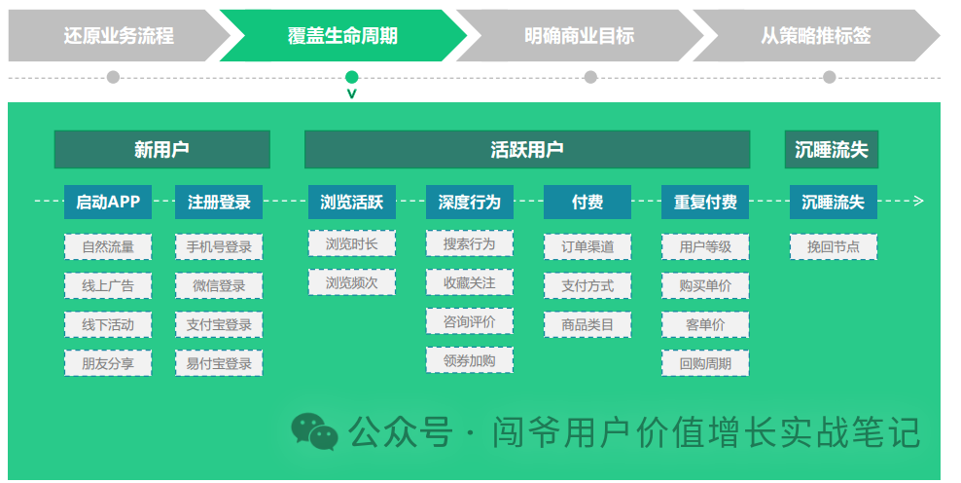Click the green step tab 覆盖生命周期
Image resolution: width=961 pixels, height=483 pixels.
(342, 36)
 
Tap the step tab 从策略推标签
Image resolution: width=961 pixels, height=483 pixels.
(815, 36)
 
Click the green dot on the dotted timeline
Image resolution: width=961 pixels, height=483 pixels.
(351, 77)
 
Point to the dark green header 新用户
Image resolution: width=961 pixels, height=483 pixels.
(161, 150)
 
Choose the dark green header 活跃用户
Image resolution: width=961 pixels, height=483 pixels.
(527, 150)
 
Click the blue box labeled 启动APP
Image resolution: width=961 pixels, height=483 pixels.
(108, 203)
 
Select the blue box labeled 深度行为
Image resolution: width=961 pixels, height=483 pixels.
(469, 203)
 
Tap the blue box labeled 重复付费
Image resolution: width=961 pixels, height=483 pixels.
(705, 203)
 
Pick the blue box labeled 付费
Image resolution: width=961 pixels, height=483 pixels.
(587, 203)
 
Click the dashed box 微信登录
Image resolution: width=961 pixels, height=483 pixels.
(219, 286)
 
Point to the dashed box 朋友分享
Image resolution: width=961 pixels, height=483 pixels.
(108, 364)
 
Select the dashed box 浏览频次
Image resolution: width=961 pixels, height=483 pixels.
(352, 282)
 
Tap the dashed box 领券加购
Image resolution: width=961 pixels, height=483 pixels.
(469, 360)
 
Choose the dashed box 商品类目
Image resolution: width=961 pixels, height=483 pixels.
(587, 325)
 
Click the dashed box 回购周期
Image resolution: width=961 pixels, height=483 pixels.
(705, 364)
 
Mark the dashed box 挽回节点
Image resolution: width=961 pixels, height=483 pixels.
(833, 247)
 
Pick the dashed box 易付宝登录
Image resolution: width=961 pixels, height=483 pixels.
(219, 364)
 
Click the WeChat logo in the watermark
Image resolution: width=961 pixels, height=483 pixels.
(314, 431)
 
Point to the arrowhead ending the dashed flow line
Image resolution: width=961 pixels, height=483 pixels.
(918, 202)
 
